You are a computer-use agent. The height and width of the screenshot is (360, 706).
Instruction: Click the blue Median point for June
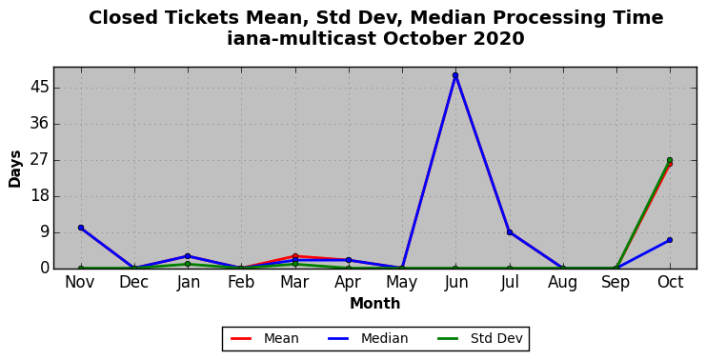455,75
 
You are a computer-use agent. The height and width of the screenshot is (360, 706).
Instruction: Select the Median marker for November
81,228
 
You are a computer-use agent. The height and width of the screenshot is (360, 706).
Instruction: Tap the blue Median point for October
670,240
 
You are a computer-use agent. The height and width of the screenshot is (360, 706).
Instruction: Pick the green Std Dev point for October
670,160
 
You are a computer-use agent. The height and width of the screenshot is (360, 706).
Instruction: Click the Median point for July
510,232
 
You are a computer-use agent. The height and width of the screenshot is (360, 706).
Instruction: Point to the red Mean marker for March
295,256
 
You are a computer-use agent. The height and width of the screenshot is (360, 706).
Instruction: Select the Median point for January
188,256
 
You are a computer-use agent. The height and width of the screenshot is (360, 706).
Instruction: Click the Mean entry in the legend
265,338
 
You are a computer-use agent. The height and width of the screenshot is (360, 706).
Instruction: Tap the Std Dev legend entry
479,338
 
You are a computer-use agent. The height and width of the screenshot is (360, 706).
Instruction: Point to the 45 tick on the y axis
39,88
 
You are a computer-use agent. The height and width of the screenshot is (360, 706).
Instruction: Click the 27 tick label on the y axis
39,160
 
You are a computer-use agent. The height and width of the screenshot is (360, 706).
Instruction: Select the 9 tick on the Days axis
44,232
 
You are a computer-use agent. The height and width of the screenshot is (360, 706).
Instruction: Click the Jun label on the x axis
455,283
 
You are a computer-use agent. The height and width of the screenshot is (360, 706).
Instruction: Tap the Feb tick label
241,283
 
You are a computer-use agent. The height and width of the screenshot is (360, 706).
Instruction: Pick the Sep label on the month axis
615,283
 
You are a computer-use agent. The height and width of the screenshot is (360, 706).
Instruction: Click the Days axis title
15,169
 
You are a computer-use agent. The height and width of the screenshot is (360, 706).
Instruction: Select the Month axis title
375,303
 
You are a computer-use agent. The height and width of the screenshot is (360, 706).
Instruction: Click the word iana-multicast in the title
301,39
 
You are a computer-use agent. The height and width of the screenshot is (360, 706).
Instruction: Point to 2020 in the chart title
499,39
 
